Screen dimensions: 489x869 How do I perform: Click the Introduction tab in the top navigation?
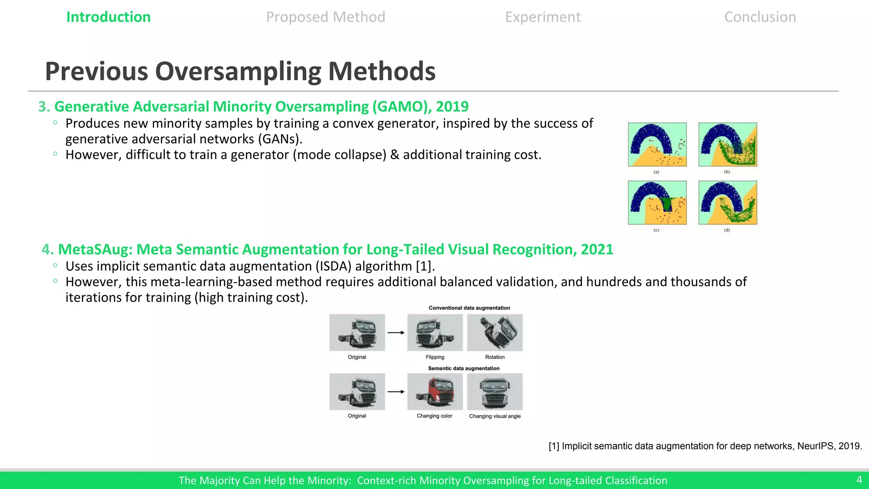(108, 17)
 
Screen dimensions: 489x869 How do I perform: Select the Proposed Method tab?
(325, 17)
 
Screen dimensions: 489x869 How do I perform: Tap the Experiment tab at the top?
(543, 17)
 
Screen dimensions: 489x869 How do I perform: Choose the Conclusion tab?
(760, 17)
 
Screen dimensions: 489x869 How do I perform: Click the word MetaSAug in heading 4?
(95, 250)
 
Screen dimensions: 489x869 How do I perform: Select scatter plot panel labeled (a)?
(657, 144)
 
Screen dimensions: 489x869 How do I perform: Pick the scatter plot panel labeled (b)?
(728, 144)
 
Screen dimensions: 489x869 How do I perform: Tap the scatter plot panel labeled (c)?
(657, 202)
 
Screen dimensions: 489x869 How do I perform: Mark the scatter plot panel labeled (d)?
(728, 202)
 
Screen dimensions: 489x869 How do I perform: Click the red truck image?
(435, 391)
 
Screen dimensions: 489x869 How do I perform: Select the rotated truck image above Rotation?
(495, 332)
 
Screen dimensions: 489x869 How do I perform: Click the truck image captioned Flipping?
(435, 332)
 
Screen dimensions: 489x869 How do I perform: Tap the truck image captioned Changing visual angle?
(495, 391)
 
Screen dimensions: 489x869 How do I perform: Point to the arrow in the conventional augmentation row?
(396, 333)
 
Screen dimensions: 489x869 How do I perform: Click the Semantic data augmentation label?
(463, 368)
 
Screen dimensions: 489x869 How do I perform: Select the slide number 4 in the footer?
(859, 480)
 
